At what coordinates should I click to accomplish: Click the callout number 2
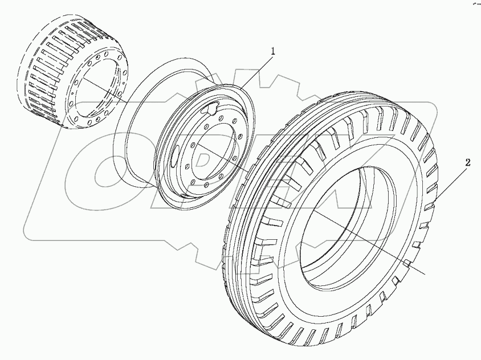point(467,163)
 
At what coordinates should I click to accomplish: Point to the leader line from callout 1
point(256,71)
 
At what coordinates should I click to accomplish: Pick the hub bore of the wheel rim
point(212,154)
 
